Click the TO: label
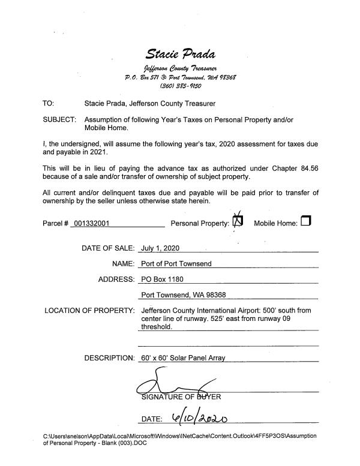[49, 104]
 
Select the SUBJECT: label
[59, 119]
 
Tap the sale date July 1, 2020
[160, 248]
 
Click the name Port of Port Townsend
[176, 263]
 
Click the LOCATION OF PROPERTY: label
[89, 311]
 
